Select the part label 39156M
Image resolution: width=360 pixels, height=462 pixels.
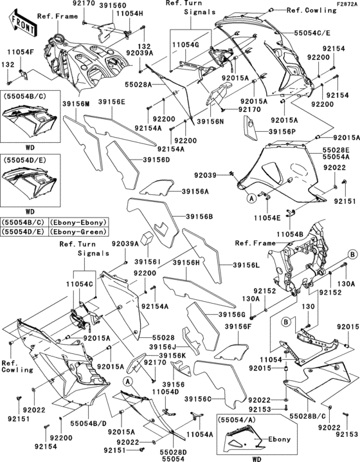click(76, 104)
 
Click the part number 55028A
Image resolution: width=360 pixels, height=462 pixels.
click(138, 84)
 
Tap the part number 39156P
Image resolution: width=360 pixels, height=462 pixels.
click(282, 131)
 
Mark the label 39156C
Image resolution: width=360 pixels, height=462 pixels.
click(199, 399)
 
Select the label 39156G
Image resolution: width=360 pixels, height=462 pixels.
click(232, 313)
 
